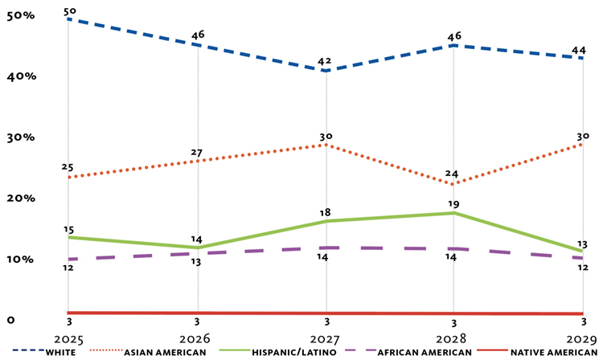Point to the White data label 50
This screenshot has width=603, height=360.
point(69,10)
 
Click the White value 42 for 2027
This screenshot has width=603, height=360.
point(326,61)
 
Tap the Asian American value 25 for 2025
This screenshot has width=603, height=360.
point(68,167)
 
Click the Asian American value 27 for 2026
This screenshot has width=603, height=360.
point(197,153)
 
